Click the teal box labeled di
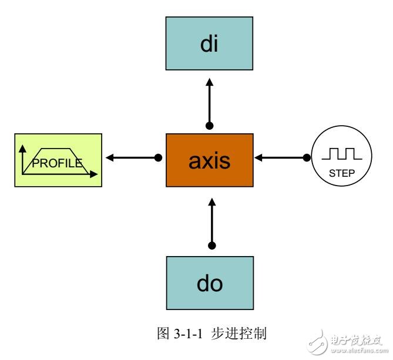click(209, 45)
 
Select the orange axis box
click(209, 159)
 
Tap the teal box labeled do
click(209, 284)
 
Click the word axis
click(209, 160)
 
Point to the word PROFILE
click(56, 163)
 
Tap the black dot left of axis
click(158, 158)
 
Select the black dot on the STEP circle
click(306, 158)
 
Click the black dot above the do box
click(212, 245)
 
